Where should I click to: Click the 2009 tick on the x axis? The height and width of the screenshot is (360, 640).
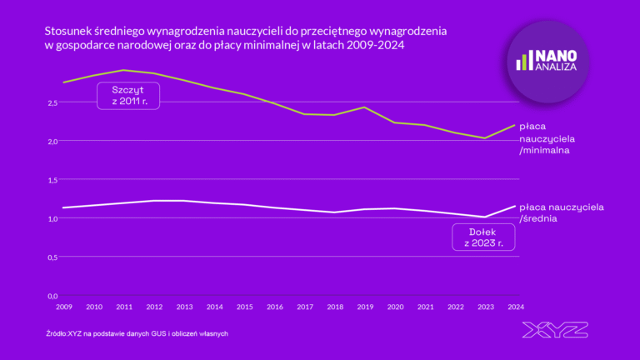(63, 307)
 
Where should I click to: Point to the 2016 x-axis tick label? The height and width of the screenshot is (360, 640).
(276, 307)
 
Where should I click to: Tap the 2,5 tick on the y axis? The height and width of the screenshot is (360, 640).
(52, 102)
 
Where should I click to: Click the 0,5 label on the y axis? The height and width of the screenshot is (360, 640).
(52, 257)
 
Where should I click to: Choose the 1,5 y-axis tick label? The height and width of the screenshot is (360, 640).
(52, 180)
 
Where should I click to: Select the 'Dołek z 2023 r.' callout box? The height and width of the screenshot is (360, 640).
(482, 237)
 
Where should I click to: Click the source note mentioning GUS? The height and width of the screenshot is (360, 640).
(137, 333)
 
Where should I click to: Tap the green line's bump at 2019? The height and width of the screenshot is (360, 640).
(366, 107)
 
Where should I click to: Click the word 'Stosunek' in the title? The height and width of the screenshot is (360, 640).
(69, 31)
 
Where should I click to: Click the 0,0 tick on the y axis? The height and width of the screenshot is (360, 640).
(52, 296)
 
